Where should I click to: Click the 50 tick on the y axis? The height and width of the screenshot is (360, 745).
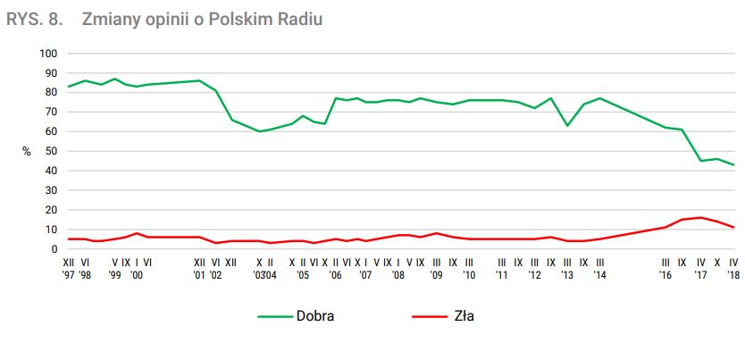(x=52, y=151)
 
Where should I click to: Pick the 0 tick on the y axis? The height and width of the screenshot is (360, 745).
(x=54, y=249)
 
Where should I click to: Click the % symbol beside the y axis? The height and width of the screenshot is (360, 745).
(x=27, y=152)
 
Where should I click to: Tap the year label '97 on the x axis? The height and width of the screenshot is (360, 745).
(x=69, y=276)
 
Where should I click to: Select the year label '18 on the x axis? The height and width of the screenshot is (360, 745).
(x=733, y=276)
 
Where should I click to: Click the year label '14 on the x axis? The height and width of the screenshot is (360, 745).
(x=600, y=276)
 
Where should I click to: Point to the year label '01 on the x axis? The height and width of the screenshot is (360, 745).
(x=199, y=276)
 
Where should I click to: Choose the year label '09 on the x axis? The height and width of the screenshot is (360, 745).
(x=436, y=276)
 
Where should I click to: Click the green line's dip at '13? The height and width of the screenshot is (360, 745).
(x=567, y=125)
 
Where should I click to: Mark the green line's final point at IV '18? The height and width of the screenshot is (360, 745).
(x=733, y=164)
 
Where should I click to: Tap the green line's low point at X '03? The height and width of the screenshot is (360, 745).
(x=260, y=131)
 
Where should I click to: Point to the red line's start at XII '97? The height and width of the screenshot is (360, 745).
(x=69, y=239)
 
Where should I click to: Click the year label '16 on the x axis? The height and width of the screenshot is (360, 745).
(x=665, y=276)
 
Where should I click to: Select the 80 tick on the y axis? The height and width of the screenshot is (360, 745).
(x=52, y=92)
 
